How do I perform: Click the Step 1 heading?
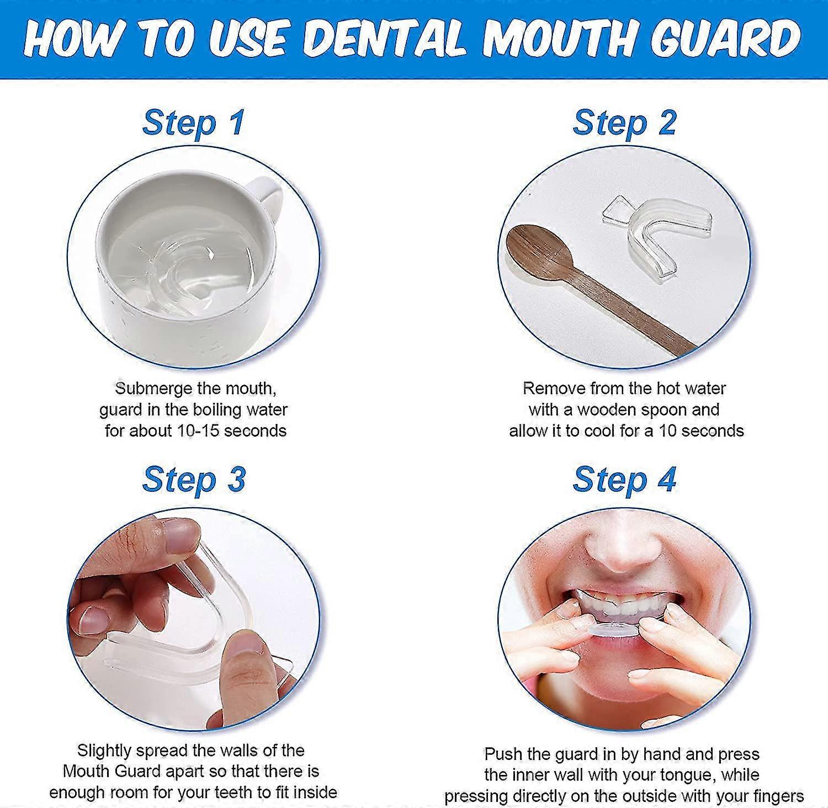(x=193, y=123)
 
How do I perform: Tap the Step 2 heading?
(x=624, y=123)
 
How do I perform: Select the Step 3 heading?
(x=193, y=479)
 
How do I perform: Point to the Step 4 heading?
(x=624, y=479)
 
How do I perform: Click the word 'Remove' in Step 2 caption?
(x=554, y=389)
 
